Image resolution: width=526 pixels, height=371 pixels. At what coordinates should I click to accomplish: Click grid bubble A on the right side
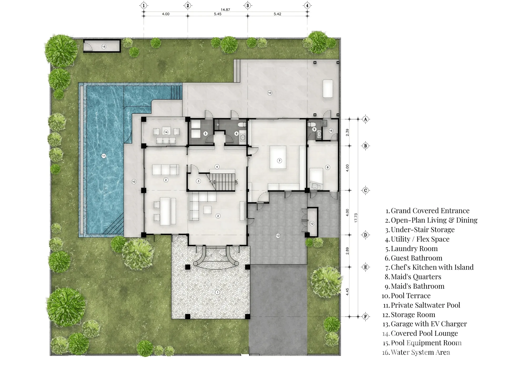point(365,119)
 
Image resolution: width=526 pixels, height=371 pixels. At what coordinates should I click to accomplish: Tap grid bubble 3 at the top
point(247,6)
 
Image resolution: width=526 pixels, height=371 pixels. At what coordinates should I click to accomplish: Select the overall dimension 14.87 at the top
point(225,10)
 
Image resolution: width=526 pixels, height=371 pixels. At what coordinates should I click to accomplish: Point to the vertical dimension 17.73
point(356,218)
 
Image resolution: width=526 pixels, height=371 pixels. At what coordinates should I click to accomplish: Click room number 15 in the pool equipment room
point(104,47)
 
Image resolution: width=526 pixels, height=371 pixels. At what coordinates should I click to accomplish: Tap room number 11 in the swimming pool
point(104,156)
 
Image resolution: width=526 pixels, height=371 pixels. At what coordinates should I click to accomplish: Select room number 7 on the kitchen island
point(279,161)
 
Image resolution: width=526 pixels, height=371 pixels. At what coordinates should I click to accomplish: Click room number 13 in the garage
point(278,236)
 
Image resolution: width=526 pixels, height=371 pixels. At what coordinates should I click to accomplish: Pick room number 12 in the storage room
point(312,224)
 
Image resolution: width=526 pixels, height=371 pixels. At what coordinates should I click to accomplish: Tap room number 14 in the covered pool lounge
point(166,132)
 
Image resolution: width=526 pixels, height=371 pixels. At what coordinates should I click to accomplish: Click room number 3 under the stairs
point(198,181)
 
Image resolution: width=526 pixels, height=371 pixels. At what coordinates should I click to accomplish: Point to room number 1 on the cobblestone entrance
point(217,292)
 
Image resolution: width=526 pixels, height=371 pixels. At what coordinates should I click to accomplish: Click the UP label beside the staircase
point(236,181)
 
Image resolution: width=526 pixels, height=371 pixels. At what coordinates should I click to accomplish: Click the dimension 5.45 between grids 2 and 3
point(218,14)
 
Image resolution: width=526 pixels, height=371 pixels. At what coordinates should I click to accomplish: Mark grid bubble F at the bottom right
point(365,316)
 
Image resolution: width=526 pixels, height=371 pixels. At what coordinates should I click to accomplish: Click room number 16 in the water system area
point(331,131)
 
